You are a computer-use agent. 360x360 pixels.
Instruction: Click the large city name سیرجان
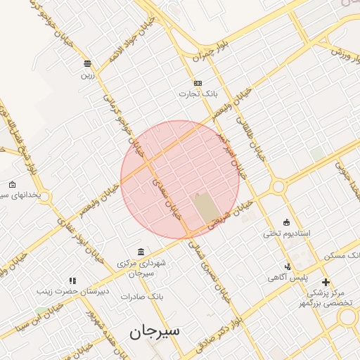coord(154,330)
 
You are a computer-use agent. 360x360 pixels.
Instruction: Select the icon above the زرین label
coord(87,63)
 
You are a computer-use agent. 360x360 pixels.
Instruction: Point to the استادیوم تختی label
coord(286,233)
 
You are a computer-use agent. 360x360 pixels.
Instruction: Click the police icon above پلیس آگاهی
coord(288,266)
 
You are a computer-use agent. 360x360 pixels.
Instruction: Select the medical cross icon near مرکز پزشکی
coord(325,282)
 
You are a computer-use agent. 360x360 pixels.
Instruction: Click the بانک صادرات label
coord(141,297)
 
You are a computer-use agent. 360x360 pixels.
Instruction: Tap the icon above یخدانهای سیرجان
coord(12,184)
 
